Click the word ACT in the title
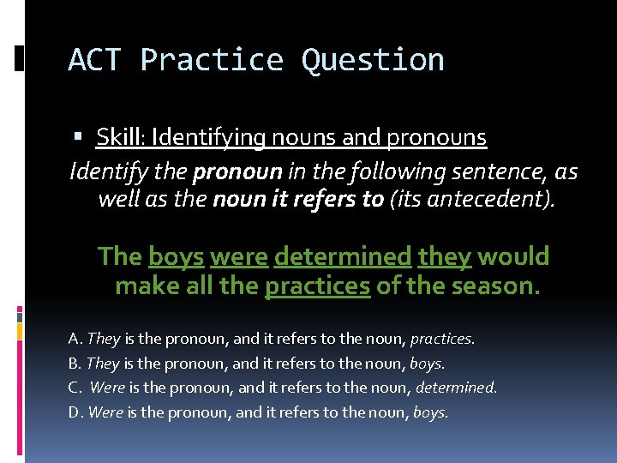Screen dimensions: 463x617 95,60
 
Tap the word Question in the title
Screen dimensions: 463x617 373,60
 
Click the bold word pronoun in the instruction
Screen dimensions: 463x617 237,172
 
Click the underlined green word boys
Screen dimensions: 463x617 176,256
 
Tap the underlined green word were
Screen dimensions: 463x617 238,256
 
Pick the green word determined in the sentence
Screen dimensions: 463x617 343,256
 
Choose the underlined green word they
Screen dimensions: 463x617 445,256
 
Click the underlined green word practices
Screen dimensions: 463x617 318,286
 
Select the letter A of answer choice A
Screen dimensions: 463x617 74,339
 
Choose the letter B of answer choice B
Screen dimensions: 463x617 74,363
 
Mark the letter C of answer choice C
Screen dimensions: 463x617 74,388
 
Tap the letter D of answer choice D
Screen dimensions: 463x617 74,412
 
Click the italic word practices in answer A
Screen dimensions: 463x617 445,339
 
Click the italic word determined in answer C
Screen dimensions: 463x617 455,388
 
